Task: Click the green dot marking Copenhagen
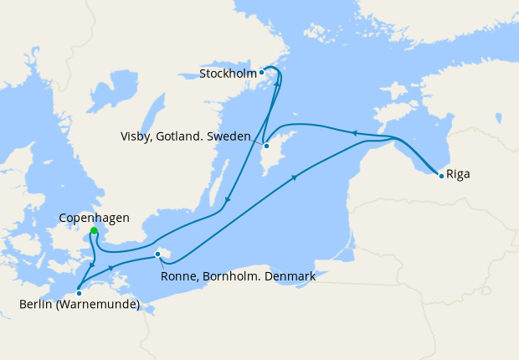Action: coord(94,231)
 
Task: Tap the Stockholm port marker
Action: coord(262,72)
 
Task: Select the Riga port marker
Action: coord(441,175)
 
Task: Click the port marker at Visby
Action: coord(266,147)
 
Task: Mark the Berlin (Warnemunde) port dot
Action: coord(79,292)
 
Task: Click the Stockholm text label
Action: coord(227,74)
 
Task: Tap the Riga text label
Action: coord(459,176)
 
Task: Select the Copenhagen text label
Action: coord(95,218)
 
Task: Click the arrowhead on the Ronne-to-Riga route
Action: coord(295,177)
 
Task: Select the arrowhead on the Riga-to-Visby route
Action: coord(353,131)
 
